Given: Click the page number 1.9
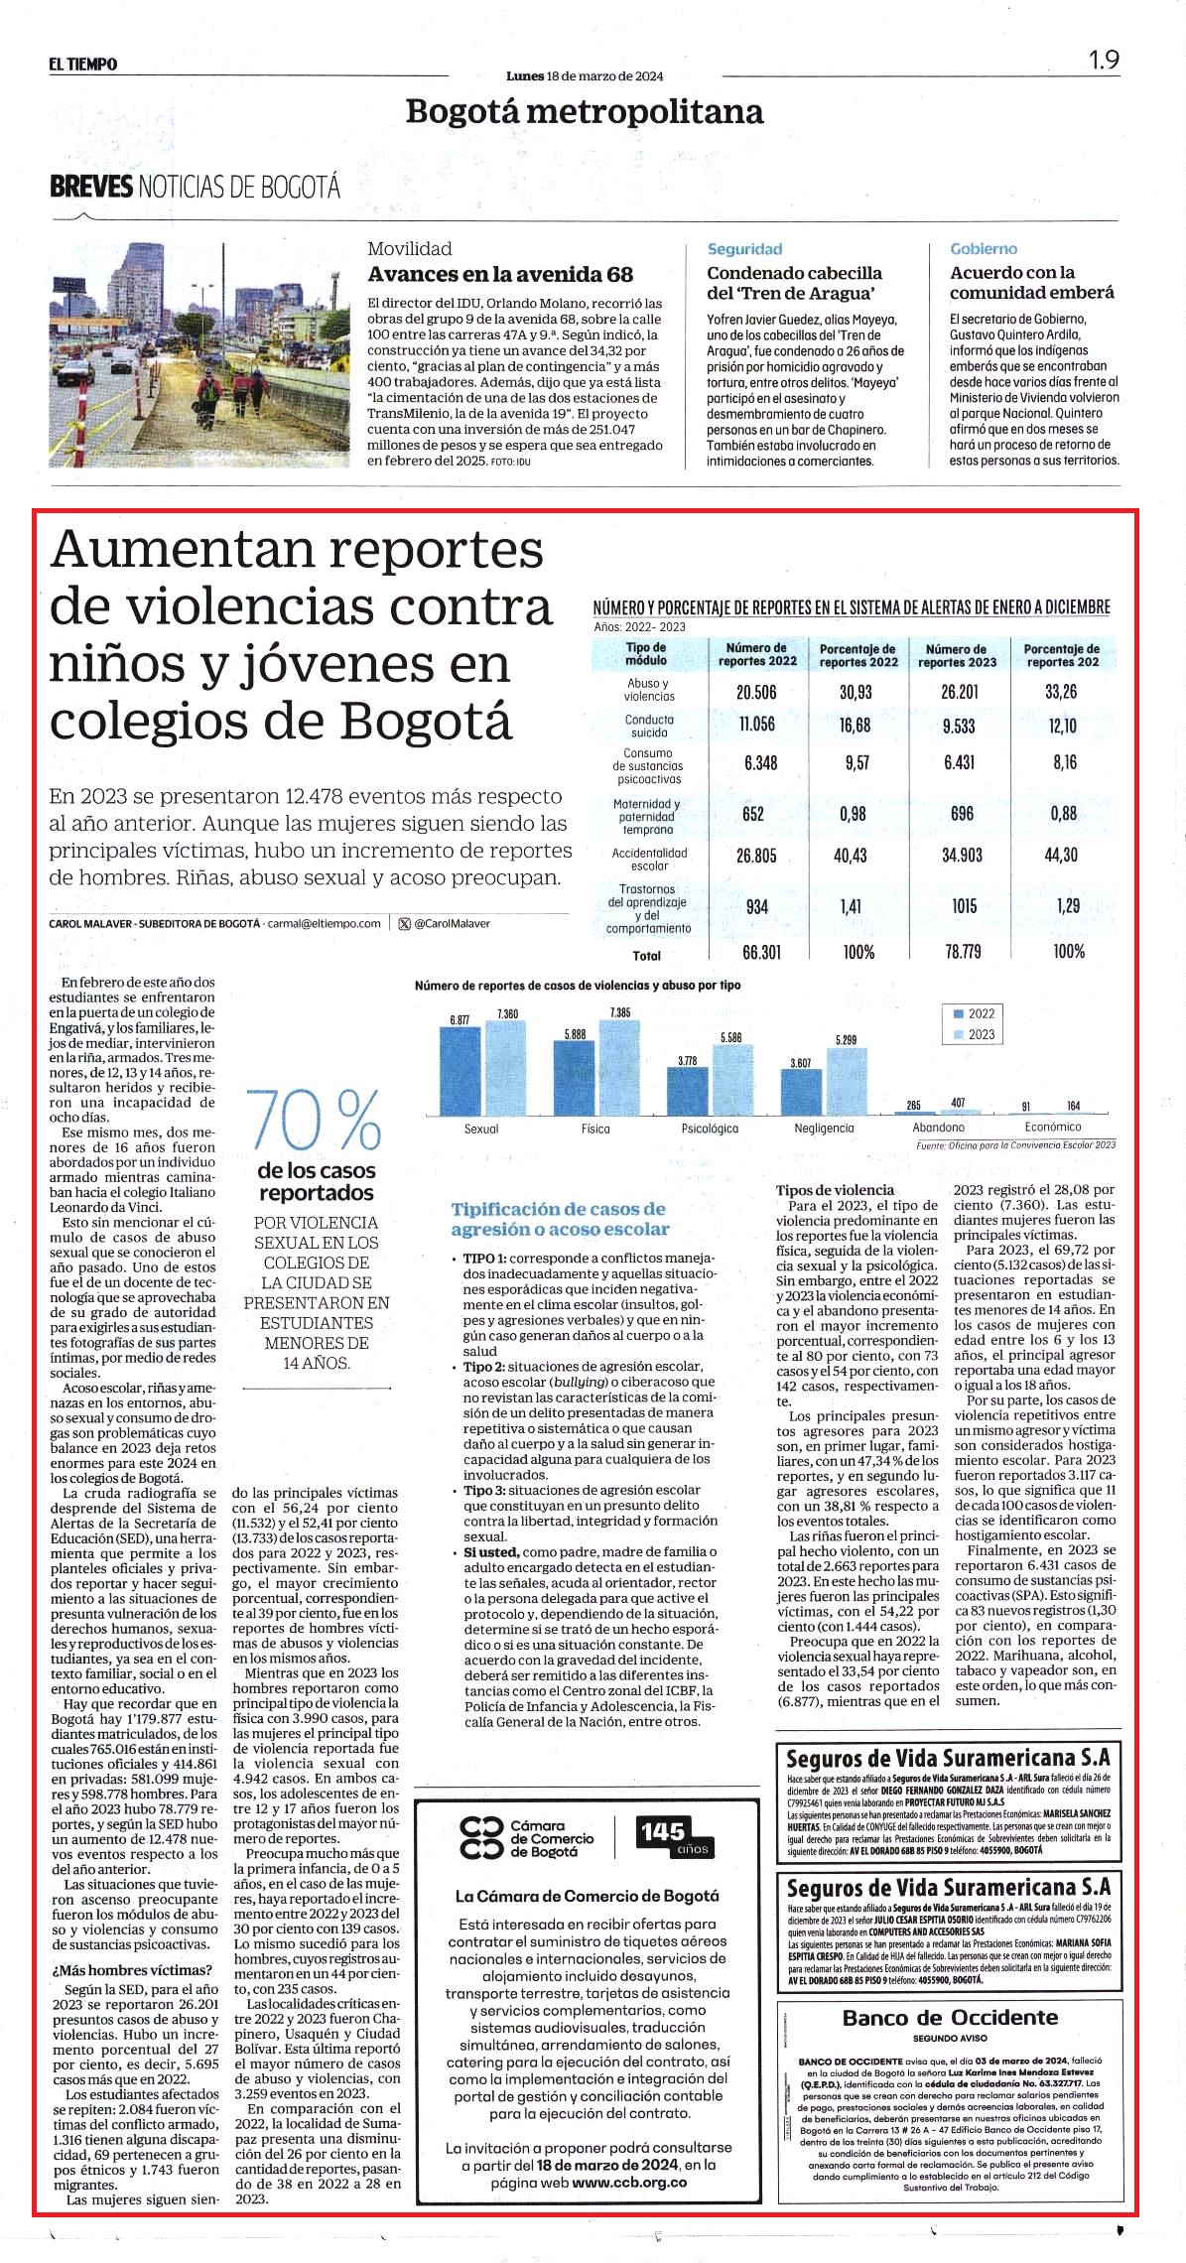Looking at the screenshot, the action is tap(1104, 60).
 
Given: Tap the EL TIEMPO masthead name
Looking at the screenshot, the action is tap(83, 65).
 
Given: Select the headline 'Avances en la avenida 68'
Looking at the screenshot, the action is tap(500, 274).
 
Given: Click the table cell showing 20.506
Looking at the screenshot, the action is tap(756, 692).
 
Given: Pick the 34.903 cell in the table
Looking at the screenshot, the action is tap(962, 855).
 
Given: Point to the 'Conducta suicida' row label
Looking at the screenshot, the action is tap(649, 726).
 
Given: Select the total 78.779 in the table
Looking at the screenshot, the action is tap(963, 952).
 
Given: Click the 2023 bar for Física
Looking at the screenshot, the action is tap(619, 1067).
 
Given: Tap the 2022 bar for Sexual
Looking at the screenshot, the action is tap(460, 1071).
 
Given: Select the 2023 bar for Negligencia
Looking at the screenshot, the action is tap(846, 1081).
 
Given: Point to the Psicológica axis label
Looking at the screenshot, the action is tap(710, 1129).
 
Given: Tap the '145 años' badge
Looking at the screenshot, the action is tap(663, 1836).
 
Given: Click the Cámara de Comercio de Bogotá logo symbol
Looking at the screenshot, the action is tap(482, 1837).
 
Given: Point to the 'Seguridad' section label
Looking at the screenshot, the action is tap(744, 249).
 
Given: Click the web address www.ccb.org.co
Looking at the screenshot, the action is tap(629, 2183).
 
